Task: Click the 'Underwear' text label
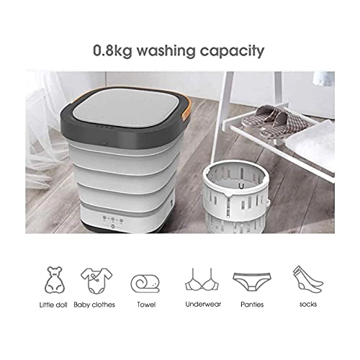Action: click(x=199, y=305)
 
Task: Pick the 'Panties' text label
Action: click(x=248, y=305)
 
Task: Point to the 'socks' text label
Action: click(x=300, y=305)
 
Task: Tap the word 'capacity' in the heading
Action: click(x=236, y=53)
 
